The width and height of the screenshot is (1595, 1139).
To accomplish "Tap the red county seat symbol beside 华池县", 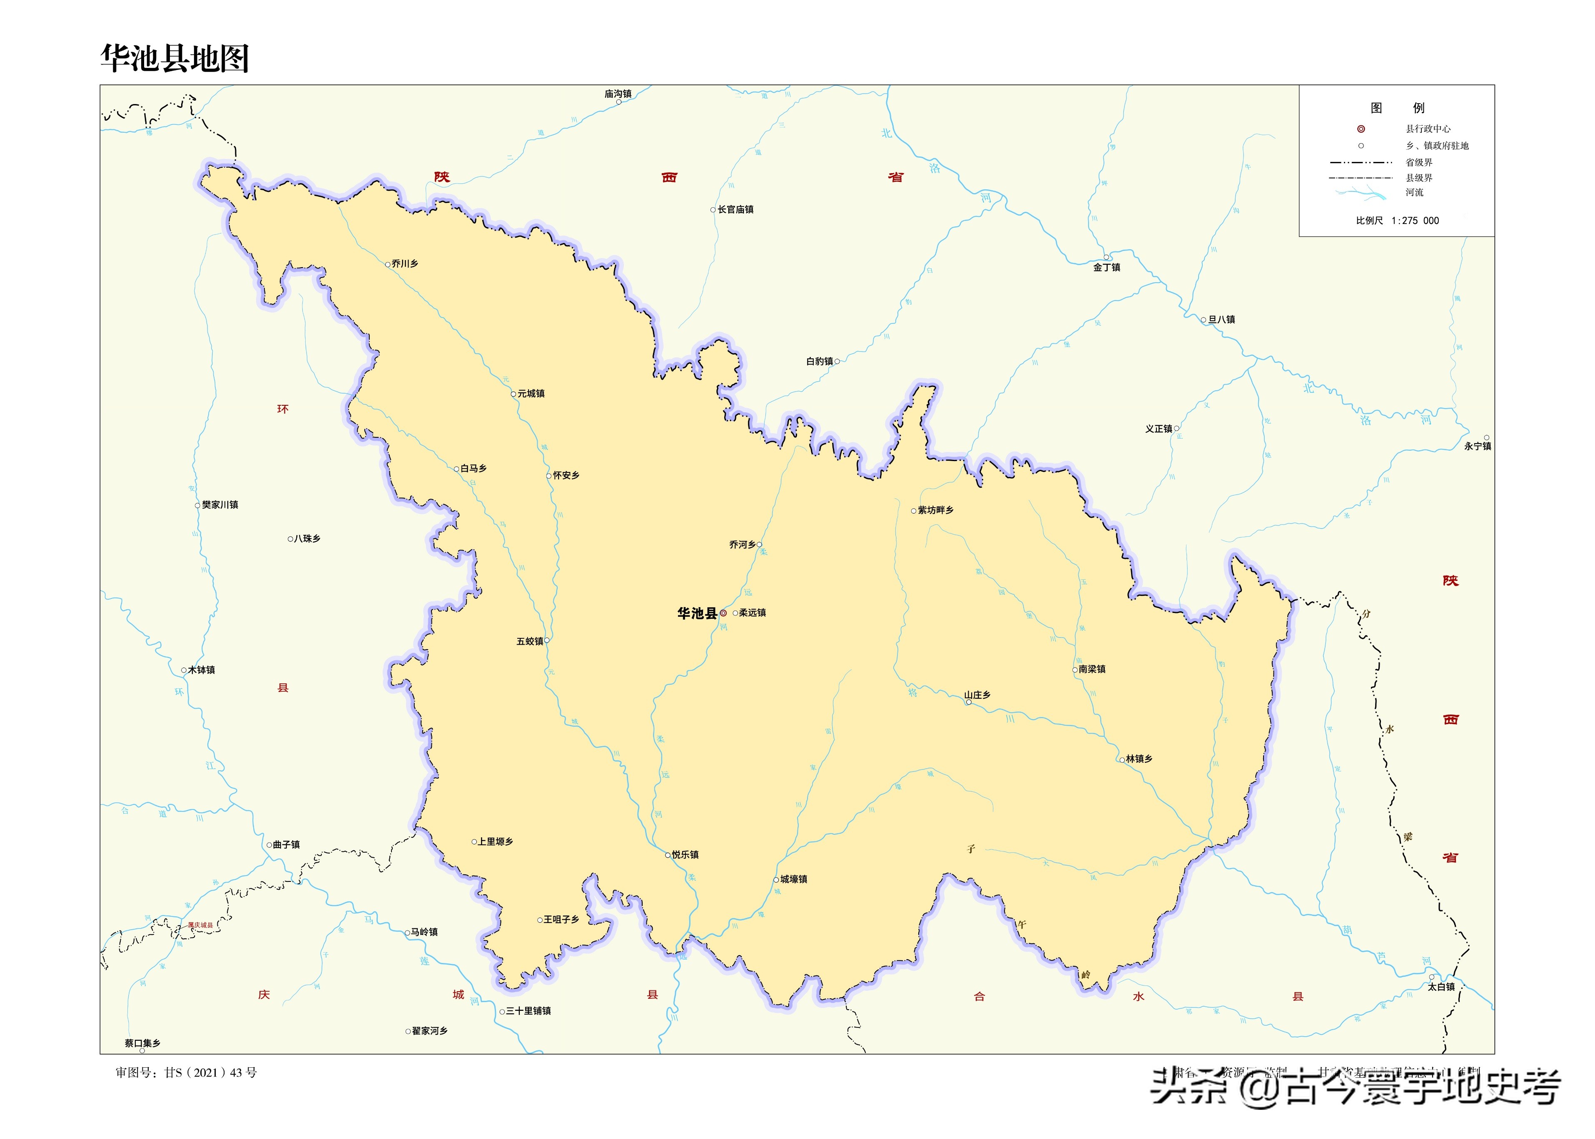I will click(723, 613).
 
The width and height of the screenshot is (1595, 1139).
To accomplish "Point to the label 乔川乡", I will click(405, 264).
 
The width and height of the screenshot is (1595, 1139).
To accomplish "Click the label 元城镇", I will click(531, 393).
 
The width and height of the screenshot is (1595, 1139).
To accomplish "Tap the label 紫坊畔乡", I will click(935, 510).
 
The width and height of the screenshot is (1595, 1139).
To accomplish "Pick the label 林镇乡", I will click(1139, 759).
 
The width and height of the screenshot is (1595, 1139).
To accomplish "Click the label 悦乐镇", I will click(685, 854).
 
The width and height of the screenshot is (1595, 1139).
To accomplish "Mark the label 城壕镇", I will click(794, 879).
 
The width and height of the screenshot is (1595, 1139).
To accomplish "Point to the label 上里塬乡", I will click(496, 841).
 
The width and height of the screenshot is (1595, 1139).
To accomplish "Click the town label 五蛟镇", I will click(530, 641).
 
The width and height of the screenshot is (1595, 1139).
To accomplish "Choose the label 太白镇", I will click(1441, 987).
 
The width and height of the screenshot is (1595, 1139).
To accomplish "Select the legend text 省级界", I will click(1419, 162).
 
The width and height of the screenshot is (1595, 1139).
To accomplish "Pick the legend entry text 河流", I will click(1415, 192).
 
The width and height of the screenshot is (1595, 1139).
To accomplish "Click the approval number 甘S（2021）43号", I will click(186, 1072).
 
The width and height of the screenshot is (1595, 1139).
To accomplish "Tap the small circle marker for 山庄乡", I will click(969, 702).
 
